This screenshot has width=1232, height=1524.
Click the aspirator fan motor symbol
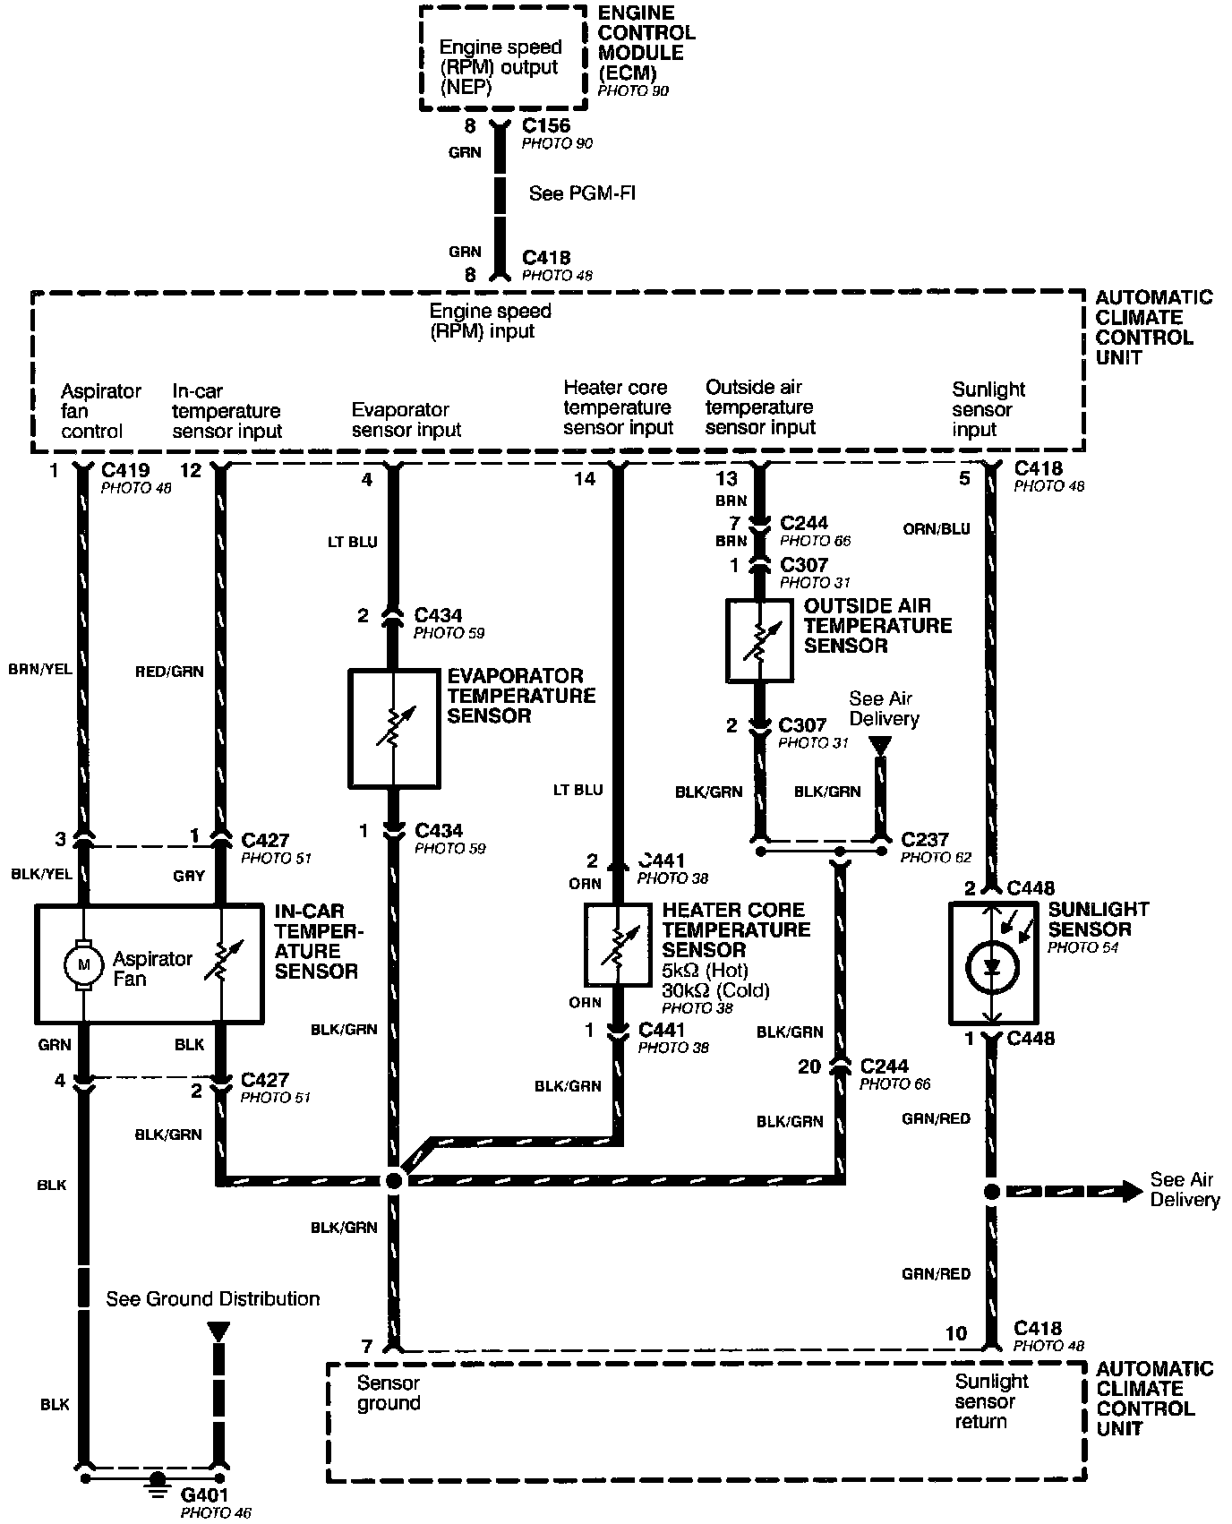click(x=83, y=964)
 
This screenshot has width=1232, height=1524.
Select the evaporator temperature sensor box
click(x=394, y=728)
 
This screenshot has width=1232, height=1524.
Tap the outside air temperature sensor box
click(x=758, y=640)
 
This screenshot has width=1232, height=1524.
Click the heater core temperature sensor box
click(x=617, y=945)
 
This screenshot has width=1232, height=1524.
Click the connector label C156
click(x=546, y=126)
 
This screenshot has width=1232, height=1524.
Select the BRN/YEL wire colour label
click(x=39, y=668)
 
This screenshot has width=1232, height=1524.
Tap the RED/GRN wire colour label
click(x=169, y=672)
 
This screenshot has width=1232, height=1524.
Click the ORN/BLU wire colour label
click(x=937, y=529)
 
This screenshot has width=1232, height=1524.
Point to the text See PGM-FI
click(x=583, y=193)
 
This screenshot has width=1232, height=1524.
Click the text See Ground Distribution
click(x=213, y=1298)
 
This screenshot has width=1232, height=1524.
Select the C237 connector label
click(x=925, y=839)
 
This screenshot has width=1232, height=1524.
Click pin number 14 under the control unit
click(x=585, y=479)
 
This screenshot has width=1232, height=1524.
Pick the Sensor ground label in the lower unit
click(x=389, y=1393)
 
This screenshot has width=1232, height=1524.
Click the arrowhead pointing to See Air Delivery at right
click(x=1130, y=1191)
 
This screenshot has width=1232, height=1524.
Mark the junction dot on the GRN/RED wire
click(x=991, y=1192)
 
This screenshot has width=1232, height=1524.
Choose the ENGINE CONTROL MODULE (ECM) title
click(x=646, y=43)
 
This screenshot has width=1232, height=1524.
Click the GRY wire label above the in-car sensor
click(x=189, y=876)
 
